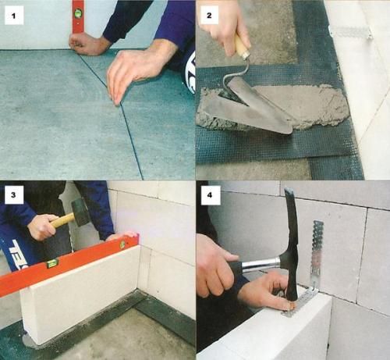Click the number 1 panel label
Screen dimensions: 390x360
(14, 16)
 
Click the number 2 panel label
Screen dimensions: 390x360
(209, 16)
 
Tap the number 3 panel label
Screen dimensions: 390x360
(14, 194)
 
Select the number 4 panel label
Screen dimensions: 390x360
(210, 194)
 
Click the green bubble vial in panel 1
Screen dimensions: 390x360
(78, 12)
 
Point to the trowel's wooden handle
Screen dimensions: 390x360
(242, 47)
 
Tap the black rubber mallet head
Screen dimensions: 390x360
(80, 212)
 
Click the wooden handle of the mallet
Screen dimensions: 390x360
(62, 220)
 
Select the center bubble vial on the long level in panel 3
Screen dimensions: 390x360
(52, 264)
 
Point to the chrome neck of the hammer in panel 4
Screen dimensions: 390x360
(261, 264)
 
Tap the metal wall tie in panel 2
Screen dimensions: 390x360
(350, 33)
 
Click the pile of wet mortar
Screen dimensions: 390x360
(275, 109)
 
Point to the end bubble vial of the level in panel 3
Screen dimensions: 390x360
(122, 244)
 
